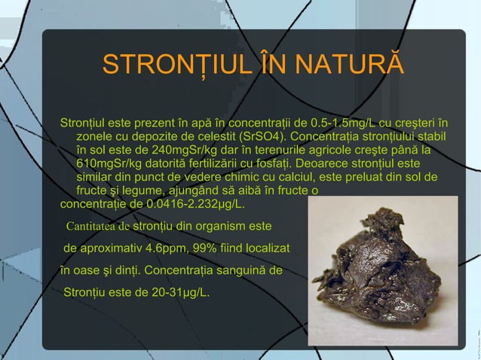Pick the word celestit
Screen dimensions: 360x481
(214, 137)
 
